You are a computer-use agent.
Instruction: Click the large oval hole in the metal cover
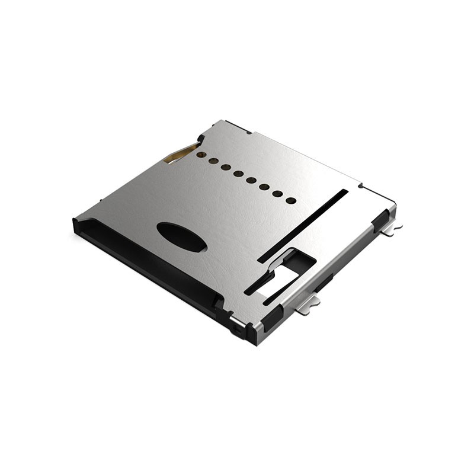click(x=182, y=236)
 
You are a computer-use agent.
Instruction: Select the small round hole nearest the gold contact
click(x=201, y=155)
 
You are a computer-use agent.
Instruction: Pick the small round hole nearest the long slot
click(x=291, y=200)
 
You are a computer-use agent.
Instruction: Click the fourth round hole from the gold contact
click(x=238, y=173)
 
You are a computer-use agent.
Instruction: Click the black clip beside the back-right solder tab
click(x=380, y=220)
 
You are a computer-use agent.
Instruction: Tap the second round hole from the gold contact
click(x=213, y=161)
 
